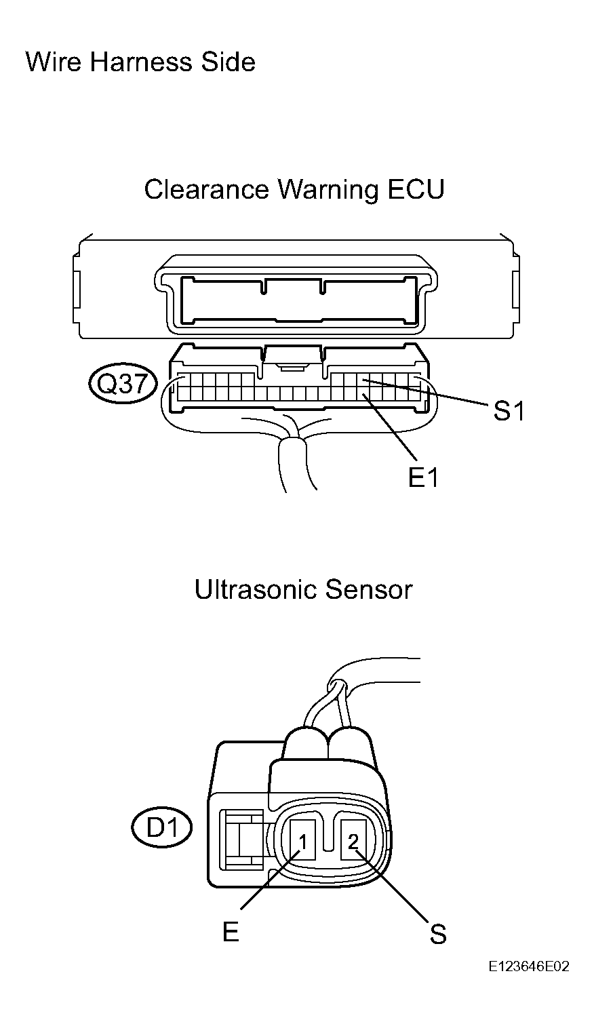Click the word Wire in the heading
click(x=54, y=62)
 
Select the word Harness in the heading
click(x=141, y=62)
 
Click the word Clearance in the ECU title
click(x=206, y=189)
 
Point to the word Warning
click(x=328, y=190)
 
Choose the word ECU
click(x=416, y=189)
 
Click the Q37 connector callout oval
click(x=122, y=384)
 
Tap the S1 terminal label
click(x=509, y=411)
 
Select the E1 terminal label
click(x=423, y=477)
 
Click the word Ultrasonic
click(x=254, y=589)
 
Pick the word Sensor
click(x=369, y=589)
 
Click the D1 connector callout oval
click(x=161, y=827)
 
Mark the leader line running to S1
click(x=424, y=391)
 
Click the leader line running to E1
click(x=390, y=427)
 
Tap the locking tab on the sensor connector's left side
click(x=242, y=840)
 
